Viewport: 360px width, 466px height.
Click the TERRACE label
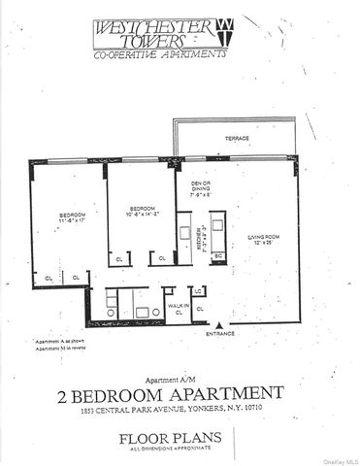237,138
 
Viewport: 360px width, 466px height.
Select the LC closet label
200,291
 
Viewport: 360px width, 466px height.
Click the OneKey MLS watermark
340,459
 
